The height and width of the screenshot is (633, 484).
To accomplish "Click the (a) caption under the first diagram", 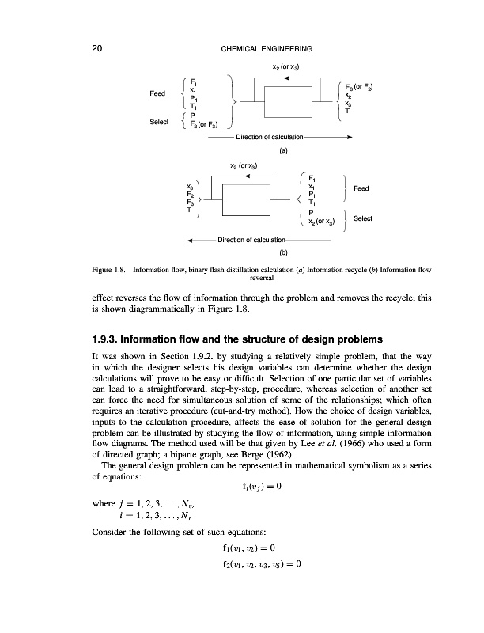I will [282, 150].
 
